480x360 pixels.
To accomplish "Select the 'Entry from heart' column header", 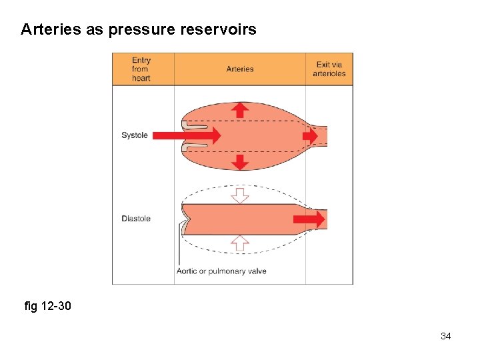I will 141,69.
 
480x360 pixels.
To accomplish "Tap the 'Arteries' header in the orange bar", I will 240,69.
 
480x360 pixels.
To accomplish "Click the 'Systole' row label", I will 135,135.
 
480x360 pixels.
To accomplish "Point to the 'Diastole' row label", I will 136,219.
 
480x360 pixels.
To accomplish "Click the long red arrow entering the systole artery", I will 187,135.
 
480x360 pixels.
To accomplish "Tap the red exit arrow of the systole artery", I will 310,135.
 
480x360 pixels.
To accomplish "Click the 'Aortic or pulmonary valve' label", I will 221,271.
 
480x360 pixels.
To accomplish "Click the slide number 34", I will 445,336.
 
